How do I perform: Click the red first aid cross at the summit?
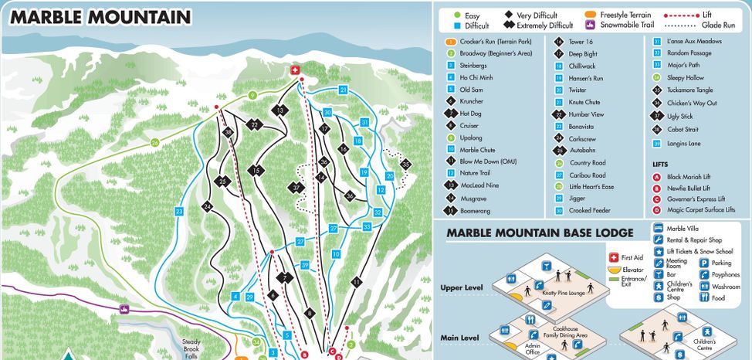coord(294,70)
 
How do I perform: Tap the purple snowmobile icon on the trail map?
coord(123,308)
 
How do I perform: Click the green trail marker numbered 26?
coord(154,143)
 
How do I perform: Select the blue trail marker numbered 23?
coord(179,211)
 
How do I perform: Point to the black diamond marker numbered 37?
coord(297,187)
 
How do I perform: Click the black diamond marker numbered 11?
coord(356,282)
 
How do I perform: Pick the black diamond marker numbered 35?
coord(405,165)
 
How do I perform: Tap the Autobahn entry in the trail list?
coord(586,151)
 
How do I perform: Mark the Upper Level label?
coord(461,287)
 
